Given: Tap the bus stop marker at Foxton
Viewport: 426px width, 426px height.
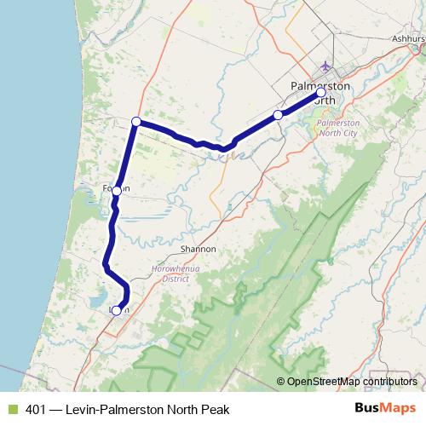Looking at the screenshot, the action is tap(117, 192).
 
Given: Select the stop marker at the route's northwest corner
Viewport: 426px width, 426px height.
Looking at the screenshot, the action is tap(136, 122).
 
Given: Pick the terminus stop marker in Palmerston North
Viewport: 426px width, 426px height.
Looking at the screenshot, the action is tap(320, 93).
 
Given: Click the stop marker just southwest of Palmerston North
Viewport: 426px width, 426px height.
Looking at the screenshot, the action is tap(278, 114).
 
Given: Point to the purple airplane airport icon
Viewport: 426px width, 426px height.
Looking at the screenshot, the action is tap(324, 66).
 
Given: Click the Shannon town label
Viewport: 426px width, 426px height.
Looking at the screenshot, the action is tap(199, 249).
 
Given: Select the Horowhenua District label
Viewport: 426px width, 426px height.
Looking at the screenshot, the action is tap(170, 273).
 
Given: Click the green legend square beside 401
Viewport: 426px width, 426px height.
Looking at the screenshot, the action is tap(11, 410).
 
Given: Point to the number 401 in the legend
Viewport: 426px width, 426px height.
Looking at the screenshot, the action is tap(35, 410).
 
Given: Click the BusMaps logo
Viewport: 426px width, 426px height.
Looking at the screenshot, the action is tap(385, 409).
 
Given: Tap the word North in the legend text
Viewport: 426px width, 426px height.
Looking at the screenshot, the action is tap(180, 410).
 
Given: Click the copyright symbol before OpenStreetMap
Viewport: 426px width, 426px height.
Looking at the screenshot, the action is tap(280, 381).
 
